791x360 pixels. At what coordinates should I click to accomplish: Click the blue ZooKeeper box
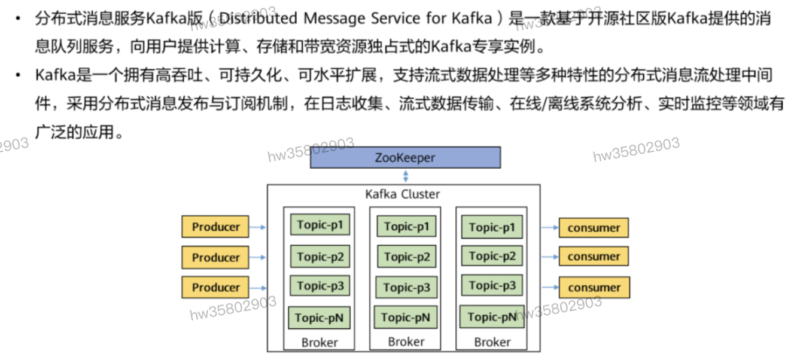(x=405, y=158)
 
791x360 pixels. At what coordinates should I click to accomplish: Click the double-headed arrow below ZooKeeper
(x=406, y=176)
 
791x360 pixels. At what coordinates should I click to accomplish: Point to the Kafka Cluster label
(x=402, y=194)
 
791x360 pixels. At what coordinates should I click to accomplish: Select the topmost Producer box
(x=215, y=227)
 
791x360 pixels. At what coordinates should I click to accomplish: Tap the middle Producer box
(x=215, y=257)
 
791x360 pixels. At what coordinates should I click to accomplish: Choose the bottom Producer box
(x=215, y=288)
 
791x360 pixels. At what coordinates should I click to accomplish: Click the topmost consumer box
(x=594, y=228)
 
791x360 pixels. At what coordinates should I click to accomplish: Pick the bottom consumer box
(x=594, y=288)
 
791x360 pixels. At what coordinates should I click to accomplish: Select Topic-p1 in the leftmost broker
(x=320, y=225)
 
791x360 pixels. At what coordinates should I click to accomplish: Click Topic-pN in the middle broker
(x=406, y=318)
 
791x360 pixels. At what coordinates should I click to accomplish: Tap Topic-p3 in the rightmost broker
(x=492, y=286)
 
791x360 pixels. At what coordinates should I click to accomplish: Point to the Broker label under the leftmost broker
(x=320, y=343)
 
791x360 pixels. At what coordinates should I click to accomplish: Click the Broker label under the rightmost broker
(x=492, y=342)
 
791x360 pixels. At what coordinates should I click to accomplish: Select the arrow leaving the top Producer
(x=258, y=227)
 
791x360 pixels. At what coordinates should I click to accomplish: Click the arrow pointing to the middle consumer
(x=550, y=257)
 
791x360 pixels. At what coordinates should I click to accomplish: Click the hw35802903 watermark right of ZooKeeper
(x=635, y=150)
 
